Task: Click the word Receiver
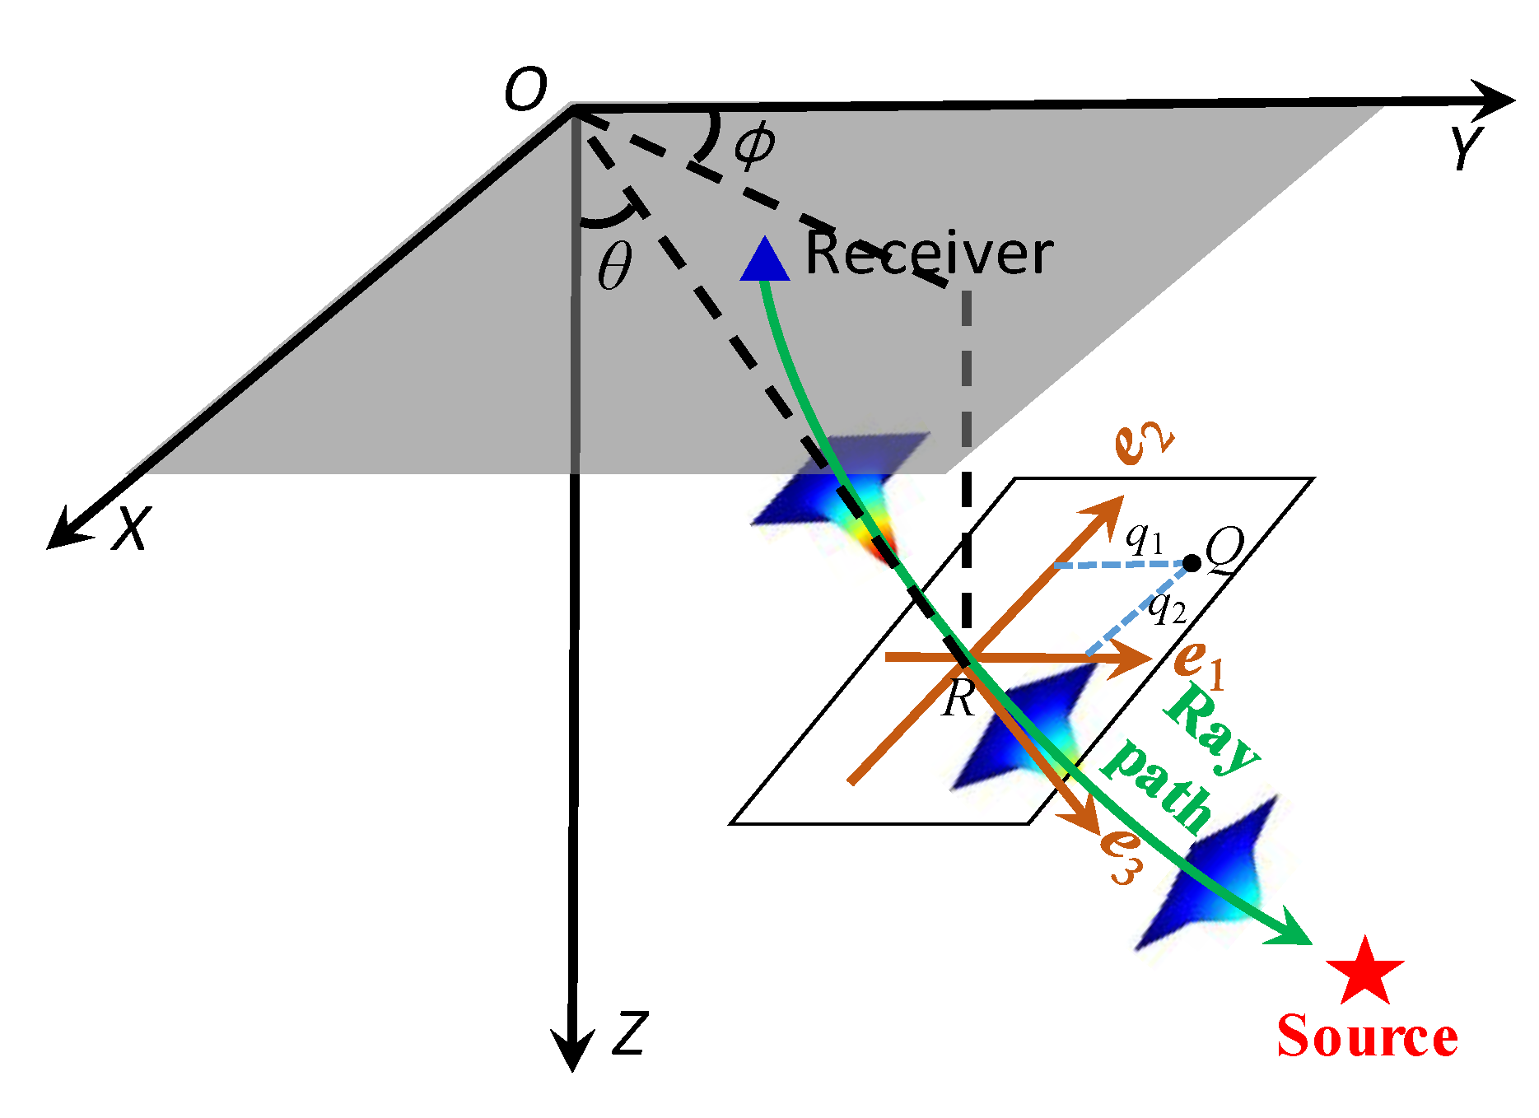point(928,253)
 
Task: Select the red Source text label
point(1367,1036)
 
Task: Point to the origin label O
point(525,89)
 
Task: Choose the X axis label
point(133,528)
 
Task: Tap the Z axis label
point(631,1033)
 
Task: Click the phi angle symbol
point(754,145)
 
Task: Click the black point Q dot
point(1192,564)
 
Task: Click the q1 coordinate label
point(1145,538)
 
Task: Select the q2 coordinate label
point(1168,608)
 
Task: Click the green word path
point(1157,785)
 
